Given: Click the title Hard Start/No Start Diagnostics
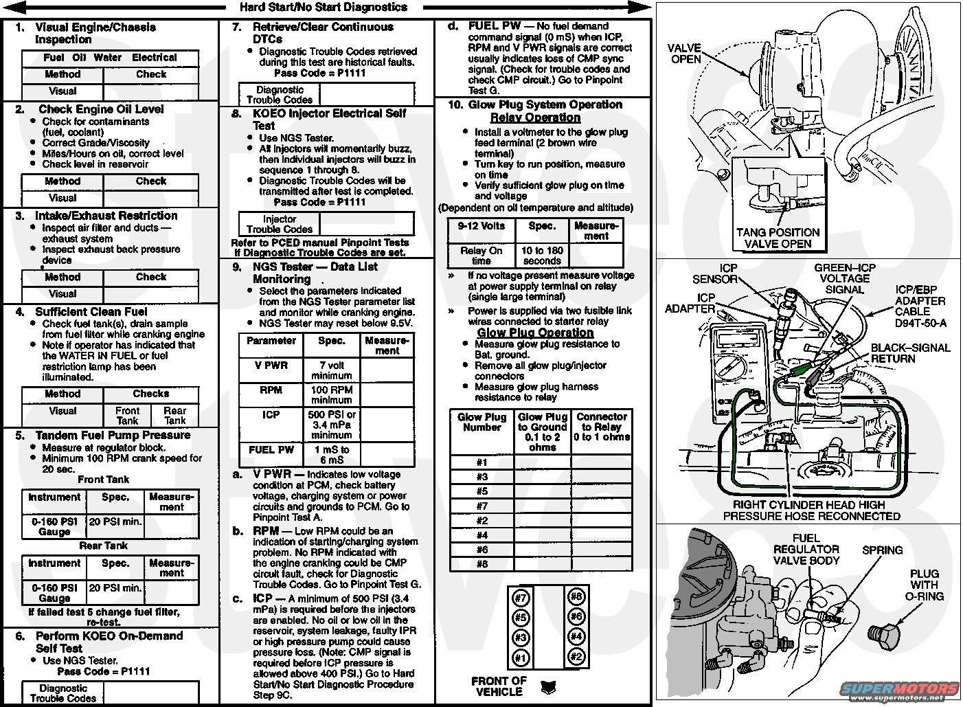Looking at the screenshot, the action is pyautogui.click(x=324, y=7).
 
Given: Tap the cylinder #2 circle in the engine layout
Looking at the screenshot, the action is pyautogui.click(x=576, y=657).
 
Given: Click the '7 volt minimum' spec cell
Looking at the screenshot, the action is pyautogui.click(x=332, y=370).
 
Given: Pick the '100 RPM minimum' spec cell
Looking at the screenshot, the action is pyautogui.click(x=332, y=395).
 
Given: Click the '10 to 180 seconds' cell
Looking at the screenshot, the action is pyautogui.click(x=542, y=256).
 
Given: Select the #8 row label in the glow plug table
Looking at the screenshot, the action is pyautogui.click(x=482, y=564).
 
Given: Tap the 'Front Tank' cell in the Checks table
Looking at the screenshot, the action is pyautogui.click(x=127, y=416).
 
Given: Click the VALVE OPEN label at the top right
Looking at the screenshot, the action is pyautogui.click(x=685, y=54).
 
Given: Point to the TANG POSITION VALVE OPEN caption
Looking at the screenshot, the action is pyautogui.click(x=778, y=238).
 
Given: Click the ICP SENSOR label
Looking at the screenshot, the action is pyautogui.click(x=715, y=273).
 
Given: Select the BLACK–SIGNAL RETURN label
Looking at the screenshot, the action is pyautogui.click(x=910, y=353).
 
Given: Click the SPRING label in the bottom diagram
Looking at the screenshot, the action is pyautogui.click(x=882, y=550).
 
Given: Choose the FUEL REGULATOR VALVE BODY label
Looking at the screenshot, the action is pyautogui.click(x=806, y=549).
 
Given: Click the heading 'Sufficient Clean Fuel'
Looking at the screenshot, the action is pyautogui.click(x=91, y=311).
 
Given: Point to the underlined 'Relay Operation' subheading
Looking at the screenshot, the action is pyautogui.click(x=535, y=117).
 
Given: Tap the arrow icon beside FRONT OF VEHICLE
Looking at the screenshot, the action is pyautogui.click(x=548, y=687).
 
